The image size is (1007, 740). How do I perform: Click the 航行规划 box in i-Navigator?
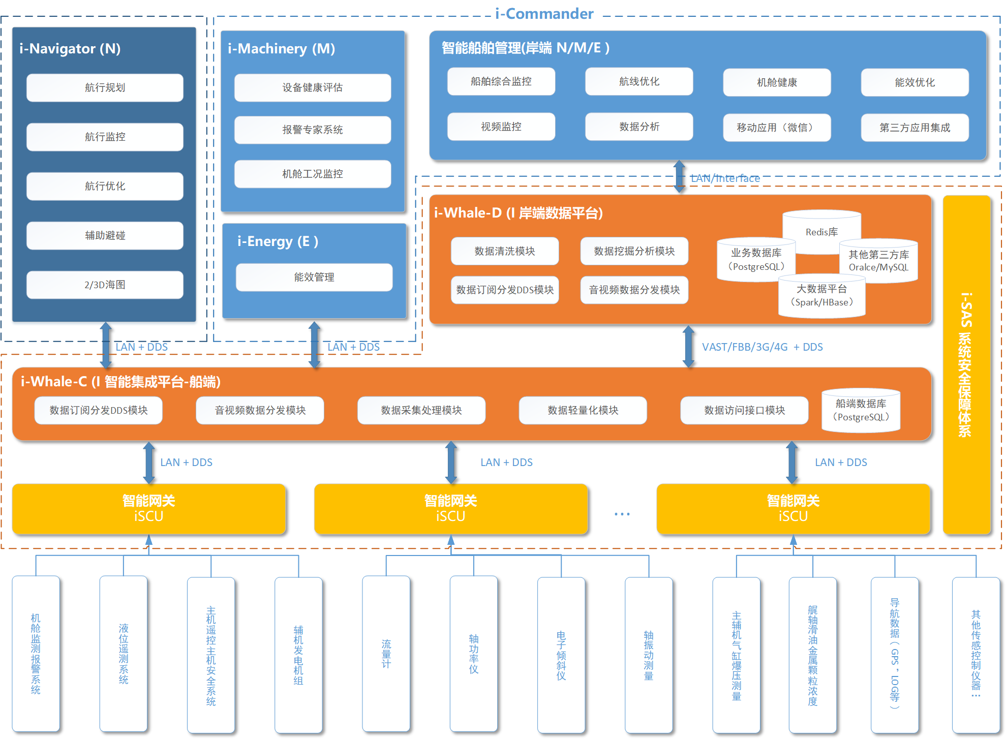click(105, 88)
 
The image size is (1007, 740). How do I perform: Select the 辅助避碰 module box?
click(105, 236)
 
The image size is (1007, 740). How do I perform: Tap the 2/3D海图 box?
click(105, 285)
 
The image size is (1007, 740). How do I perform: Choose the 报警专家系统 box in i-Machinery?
click(312, 130)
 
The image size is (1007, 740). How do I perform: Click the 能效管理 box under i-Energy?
click(314, 277)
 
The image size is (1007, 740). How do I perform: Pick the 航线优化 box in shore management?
click(638, 82)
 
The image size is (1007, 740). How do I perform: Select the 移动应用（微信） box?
click(776, 128)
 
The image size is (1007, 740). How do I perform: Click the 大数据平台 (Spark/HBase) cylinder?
click(821, 296)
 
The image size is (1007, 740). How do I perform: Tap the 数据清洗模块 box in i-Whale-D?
click(504, 252)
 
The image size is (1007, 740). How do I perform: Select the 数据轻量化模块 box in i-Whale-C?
click(583, 411)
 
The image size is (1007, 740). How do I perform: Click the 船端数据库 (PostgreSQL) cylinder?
click(861, 411)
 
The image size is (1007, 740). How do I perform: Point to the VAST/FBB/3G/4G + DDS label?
click(762, 347)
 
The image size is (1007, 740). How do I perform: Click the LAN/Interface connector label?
click(725, 178)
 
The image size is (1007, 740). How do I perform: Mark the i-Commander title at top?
click(544, 14)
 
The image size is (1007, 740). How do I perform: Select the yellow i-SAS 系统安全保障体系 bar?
click(966, 364)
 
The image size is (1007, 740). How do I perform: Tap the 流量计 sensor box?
click(386, 654)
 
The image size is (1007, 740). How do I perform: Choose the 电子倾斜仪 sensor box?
click(561, 655)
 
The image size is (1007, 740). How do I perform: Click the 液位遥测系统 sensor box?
click(124, 654)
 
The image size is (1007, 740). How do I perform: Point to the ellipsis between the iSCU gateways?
click(622, 514)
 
